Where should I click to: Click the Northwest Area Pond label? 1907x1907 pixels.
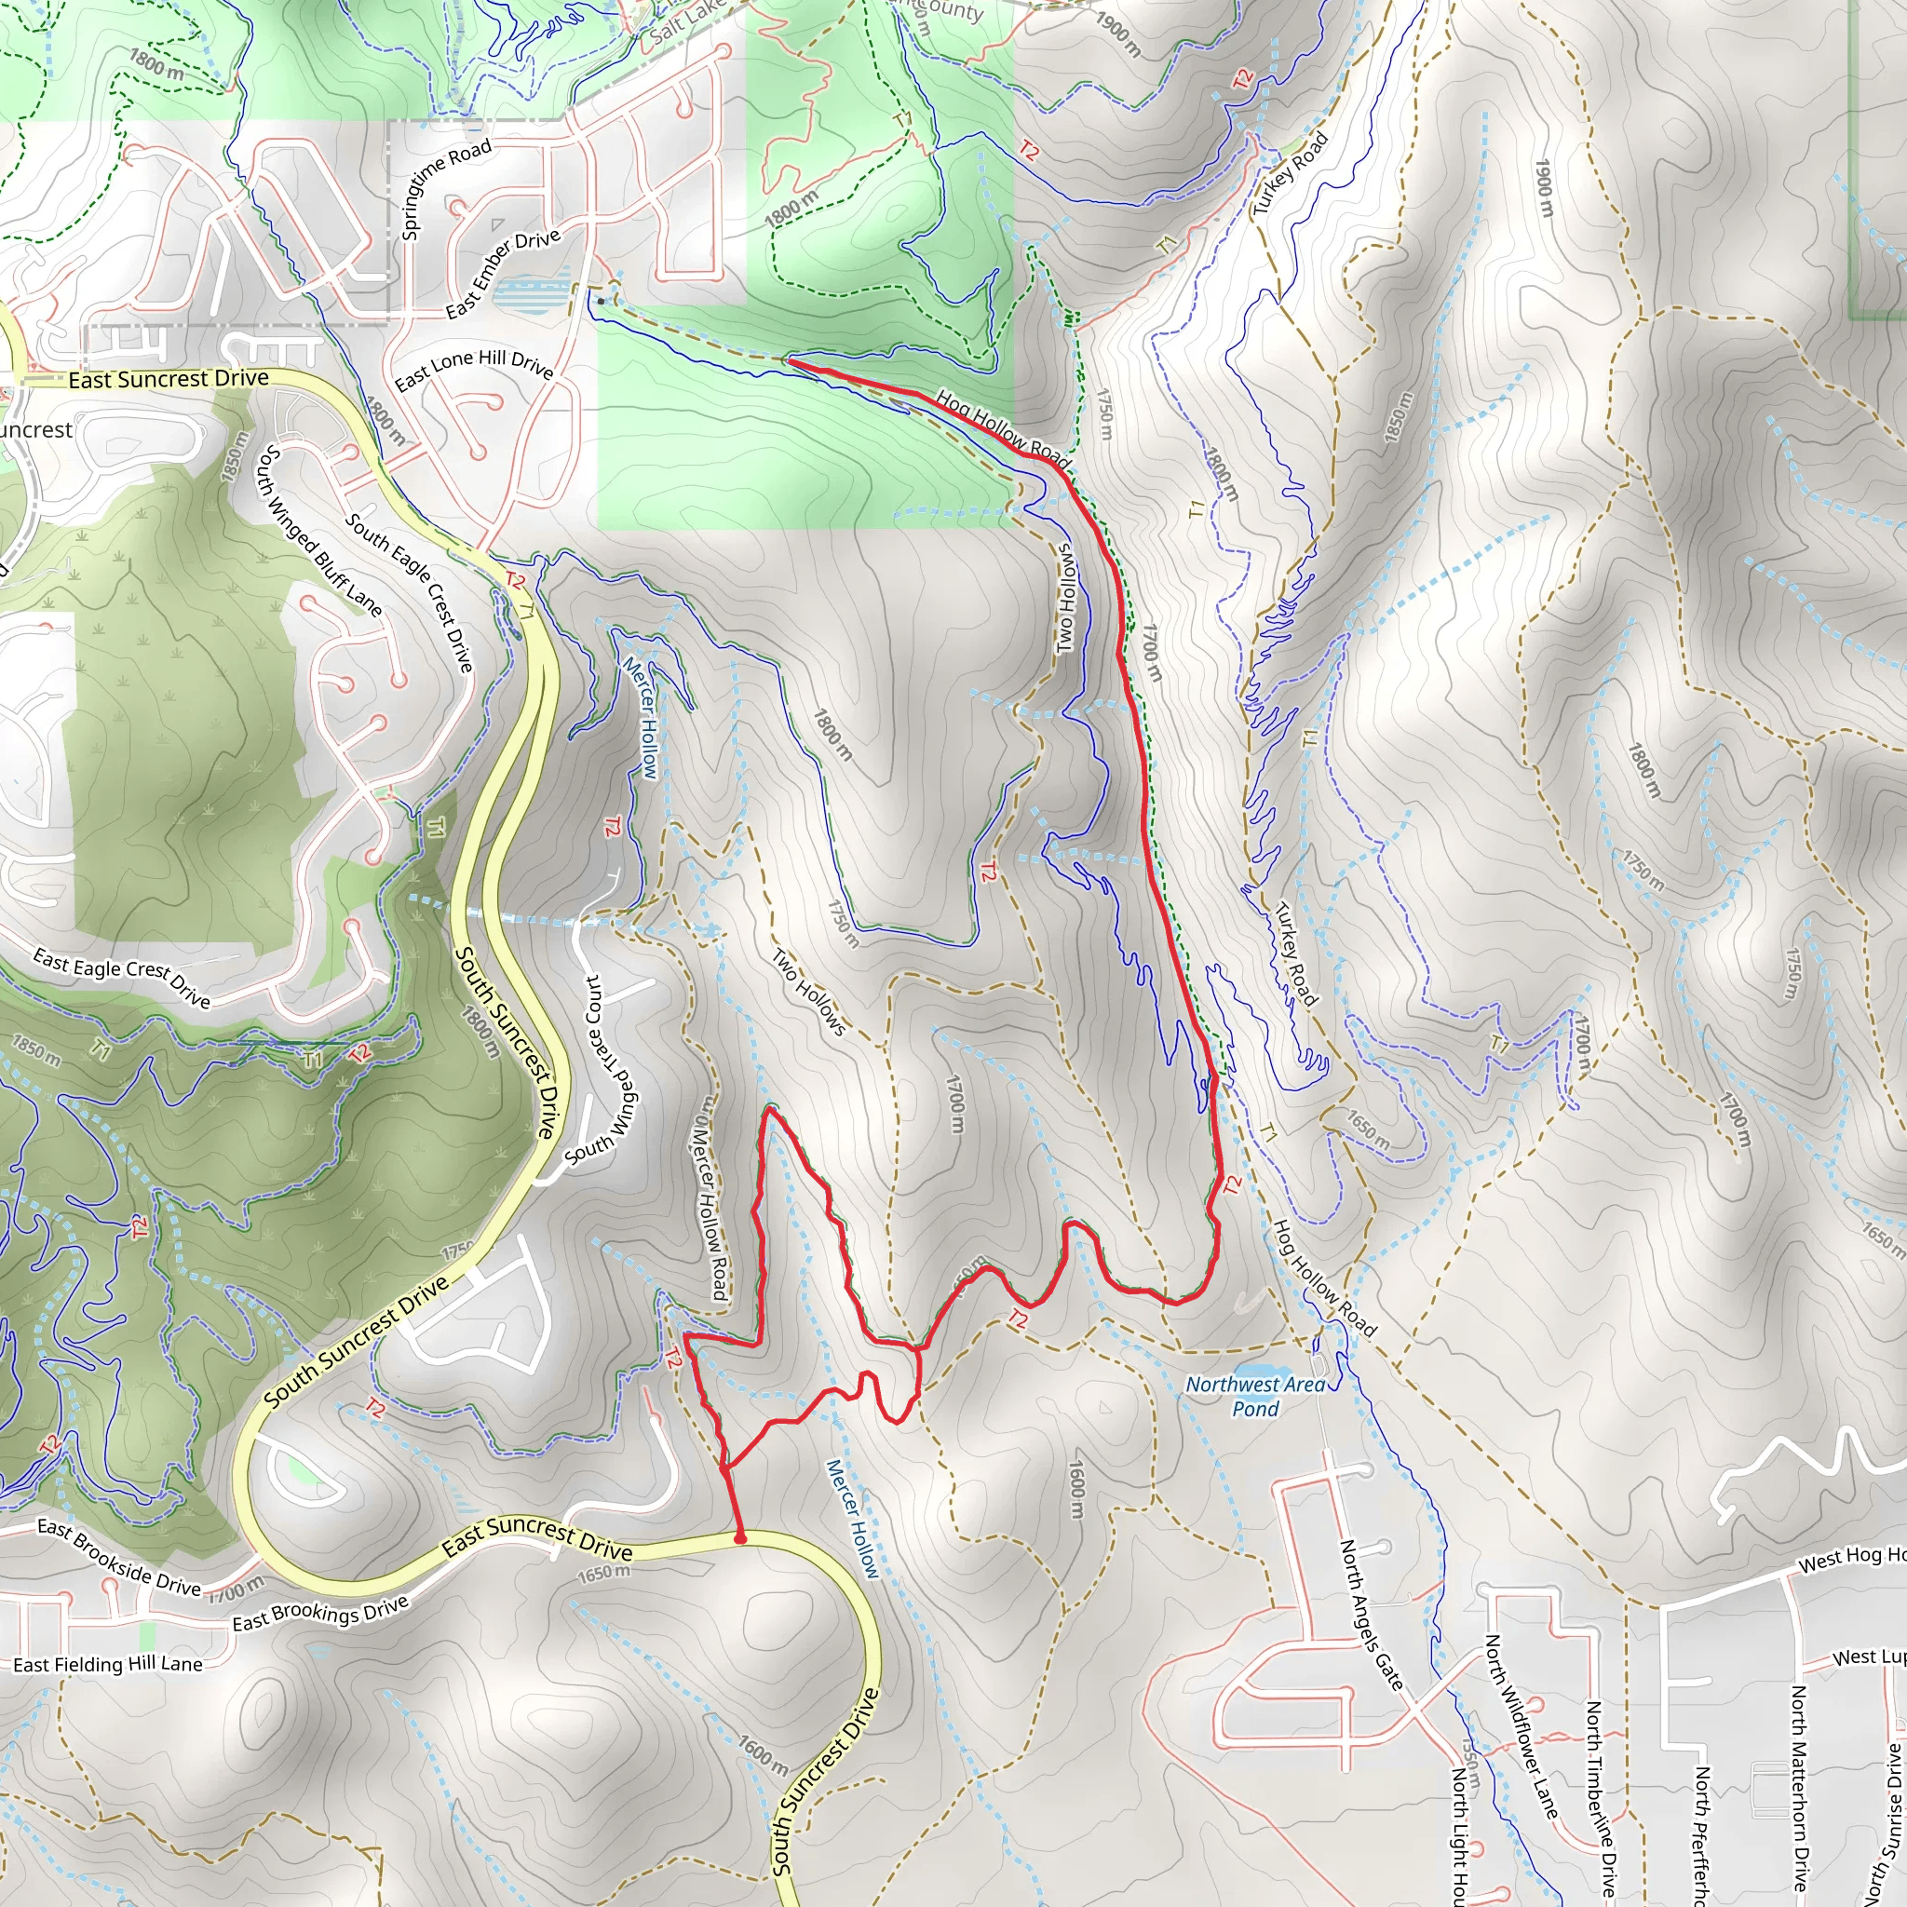tap(1255, 1396)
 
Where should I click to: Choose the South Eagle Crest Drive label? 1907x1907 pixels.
tap(410, 591)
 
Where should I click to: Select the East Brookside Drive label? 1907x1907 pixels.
tap(118, 1558)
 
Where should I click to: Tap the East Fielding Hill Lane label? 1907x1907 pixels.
tap(108, 1664)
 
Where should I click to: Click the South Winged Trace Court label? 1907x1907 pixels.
tap(602, 1071)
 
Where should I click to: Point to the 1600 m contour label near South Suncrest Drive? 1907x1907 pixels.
tap(763, 1754)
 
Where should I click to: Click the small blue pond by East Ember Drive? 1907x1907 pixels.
tap(531, 294)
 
